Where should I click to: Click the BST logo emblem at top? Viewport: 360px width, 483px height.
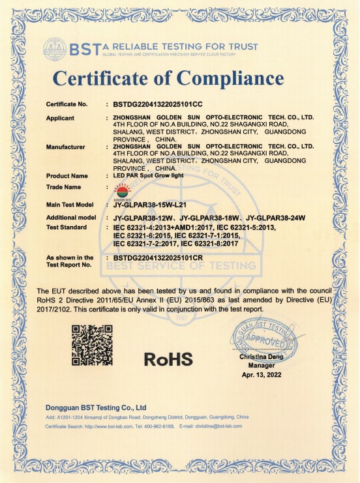coord(55,48)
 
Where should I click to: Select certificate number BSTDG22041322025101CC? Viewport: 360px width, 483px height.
coord(158,104)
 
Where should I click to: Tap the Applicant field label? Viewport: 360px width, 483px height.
coord(60,118)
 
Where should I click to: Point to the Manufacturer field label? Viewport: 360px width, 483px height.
coord(66,147)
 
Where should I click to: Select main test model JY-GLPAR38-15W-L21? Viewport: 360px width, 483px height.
coord(150,205)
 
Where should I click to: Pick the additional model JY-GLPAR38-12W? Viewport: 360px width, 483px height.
coord(144,217)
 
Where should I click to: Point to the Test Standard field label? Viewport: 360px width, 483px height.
coord(67,227)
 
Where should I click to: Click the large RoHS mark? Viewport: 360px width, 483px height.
coord(168,359)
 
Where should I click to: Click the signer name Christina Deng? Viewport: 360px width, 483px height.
coord(260,357)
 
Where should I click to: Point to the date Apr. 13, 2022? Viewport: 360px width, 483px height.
coord(260,375)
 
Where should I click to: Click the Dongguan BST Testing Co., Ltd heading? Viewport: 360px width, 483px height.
coord(95,407)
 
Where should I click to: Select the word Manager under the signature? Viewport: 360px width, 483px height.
coord(260,366)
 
